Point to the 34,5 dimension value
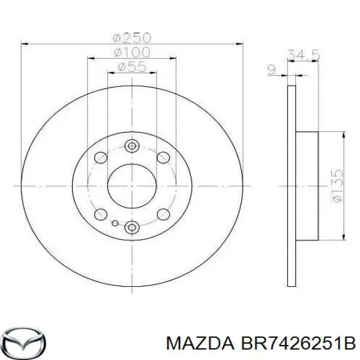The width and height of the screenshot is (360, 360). (x=303, y=55)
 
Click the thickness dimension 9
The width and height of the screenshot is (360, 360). (x=271, y=70)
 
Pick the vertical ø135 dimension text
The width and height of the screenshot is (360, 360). (x=337, y=186)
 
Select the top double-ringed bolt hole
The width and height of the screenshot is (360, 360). (x=132, y=145)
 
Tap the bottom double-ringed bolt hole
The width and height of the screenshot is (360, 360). (x=132, y=226)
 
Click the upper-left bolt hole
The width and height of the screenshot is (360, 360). (x=101, y=157)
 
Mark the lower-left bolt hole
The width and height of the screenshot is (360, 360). (x=101, y=214)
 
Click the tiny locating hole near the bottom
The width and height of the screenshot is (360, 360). (x=115, y=223)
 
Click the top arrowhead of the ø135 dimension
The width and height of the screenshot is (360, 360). (x=343, y=136)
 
